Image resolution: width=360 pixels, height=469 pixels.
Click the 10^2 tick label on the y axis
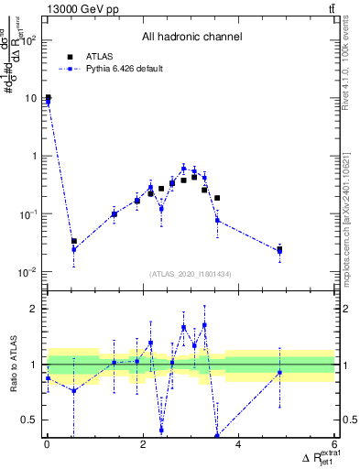[28, 40]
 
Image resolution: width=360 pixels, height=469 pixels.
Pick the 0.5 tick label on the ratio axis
[30, 420]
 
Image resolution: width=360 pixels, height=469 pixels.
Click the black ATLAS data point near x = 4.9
[279, 249]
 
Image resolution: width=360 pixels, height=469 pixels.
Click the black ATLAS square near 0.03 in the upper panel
[74, 241]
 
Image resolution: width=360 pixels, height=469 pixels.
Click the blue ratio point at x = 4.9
[279, 372]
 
